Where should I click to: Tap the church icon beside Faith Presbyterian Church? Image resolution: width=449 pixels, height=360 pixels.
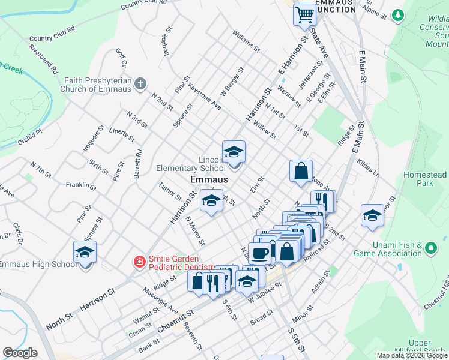[140, 83]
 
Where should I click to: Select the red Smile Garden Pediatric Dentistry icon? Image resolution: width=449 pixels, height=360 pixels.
[139, 262]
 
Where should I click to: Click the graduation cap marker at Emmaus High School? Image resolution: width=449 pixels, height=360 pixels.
[85, 253]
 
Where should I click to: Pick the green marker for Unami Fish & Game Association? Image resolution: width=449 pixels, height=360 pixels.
[430, 247]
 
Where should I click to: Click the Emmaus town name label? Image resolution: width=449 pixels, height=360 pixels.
[209, 180]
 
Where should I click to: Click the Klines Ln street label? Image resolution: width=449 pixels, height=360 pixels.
[369, 167]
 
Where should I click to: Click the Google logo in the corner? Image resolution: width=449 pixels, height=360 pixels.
[20, 353]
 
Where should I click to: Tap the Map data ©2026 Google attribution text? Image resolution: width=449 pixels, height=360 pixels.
[412, 355]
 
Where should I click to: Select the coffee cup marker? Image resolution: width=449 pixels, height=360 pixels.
[260, 254]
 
